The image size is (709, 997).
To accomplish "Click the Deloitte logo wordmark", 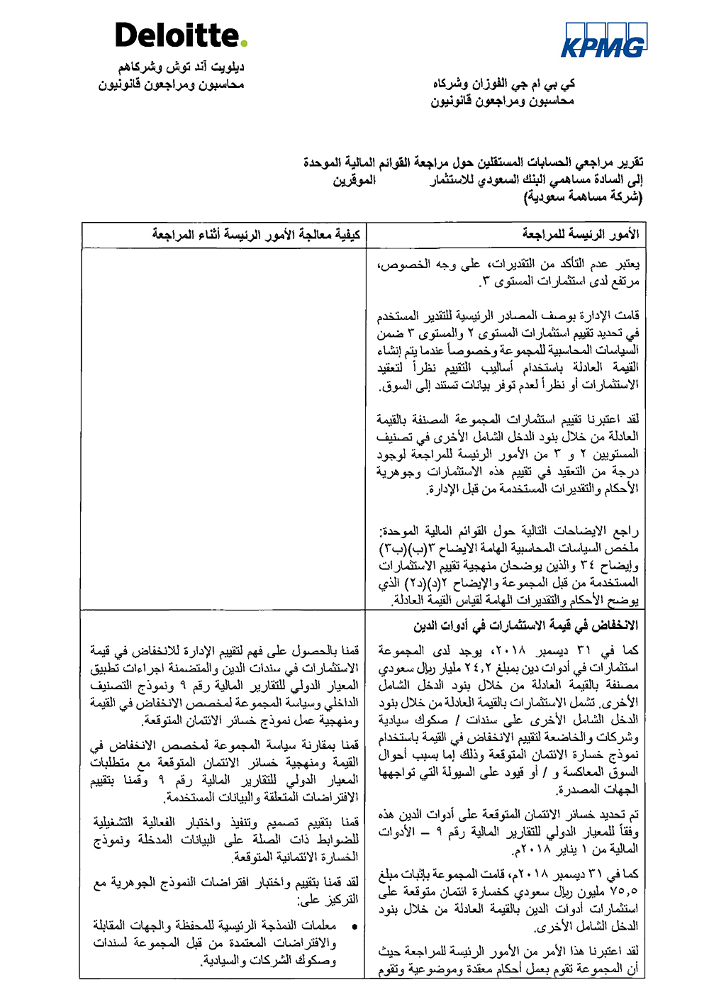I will point(177,35).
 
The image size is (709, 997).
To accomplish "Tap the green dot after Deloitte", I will point(244,44).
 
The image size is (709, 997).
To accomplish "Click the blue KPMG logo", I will point(604,40).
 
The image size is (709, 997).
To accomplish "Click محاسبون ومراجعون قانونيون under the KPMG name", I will point(502,101).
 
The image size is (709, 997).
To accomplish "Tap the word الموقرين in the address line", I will point(354,180).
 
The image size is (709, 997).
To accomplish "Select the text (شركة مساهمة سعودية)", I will point(583,197).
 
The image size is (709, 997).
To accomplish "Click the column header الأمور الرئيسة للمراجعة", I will point(580,234).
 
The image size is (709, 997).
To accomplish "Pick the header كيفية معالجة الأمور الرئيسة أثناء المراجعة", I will point(256,234).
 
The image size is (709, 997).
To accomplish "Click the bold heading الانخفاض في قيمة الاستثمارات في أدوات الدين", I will point(525,625).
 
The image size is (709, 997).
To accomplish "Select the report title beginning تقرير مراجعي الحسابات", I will point(473,163).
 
